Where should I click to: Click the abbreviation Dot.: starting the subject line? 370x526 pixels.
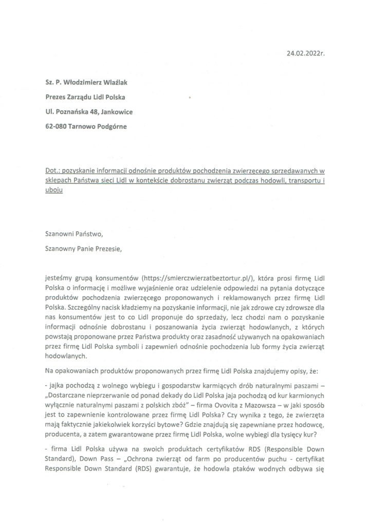click(53, 170)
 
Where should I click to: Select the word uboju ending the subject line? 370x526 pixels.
click(54, 190)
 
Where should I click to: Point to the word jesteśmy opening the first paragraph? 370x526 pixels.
click(60, 276)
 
